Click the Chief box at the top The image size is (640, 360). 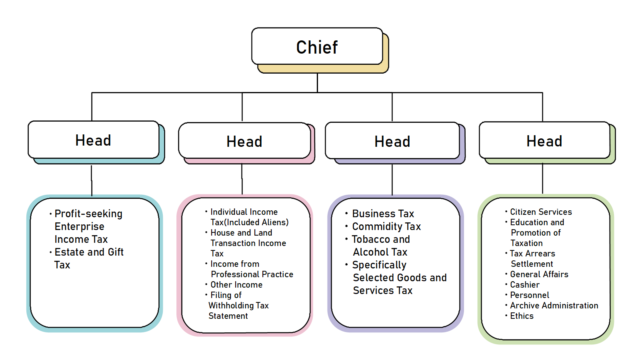317,47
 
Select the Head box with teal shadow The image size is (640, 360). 93,140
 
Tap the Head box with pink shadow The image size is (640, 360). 244,141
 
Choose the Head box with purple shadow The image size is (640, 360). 392,141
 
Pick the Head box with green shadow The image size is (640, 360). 544,141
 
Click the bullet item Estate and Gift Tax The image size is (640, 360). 89,258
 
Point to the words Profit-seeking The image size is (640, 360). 88,214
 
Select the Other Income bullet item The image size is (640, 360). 236,285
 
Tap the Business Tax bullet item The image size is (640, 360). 383,214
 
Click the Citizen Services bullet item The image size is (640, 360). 541,212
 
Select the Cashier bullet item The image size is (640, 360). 525,285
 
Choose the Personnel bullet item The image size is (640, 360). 530,295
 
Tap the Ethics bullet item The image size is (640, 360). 522,316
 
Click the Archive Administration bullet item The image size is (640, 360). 554,306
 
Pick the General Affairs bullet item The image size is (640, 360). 539,274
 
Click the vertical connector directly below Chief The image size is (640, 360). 317,83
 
